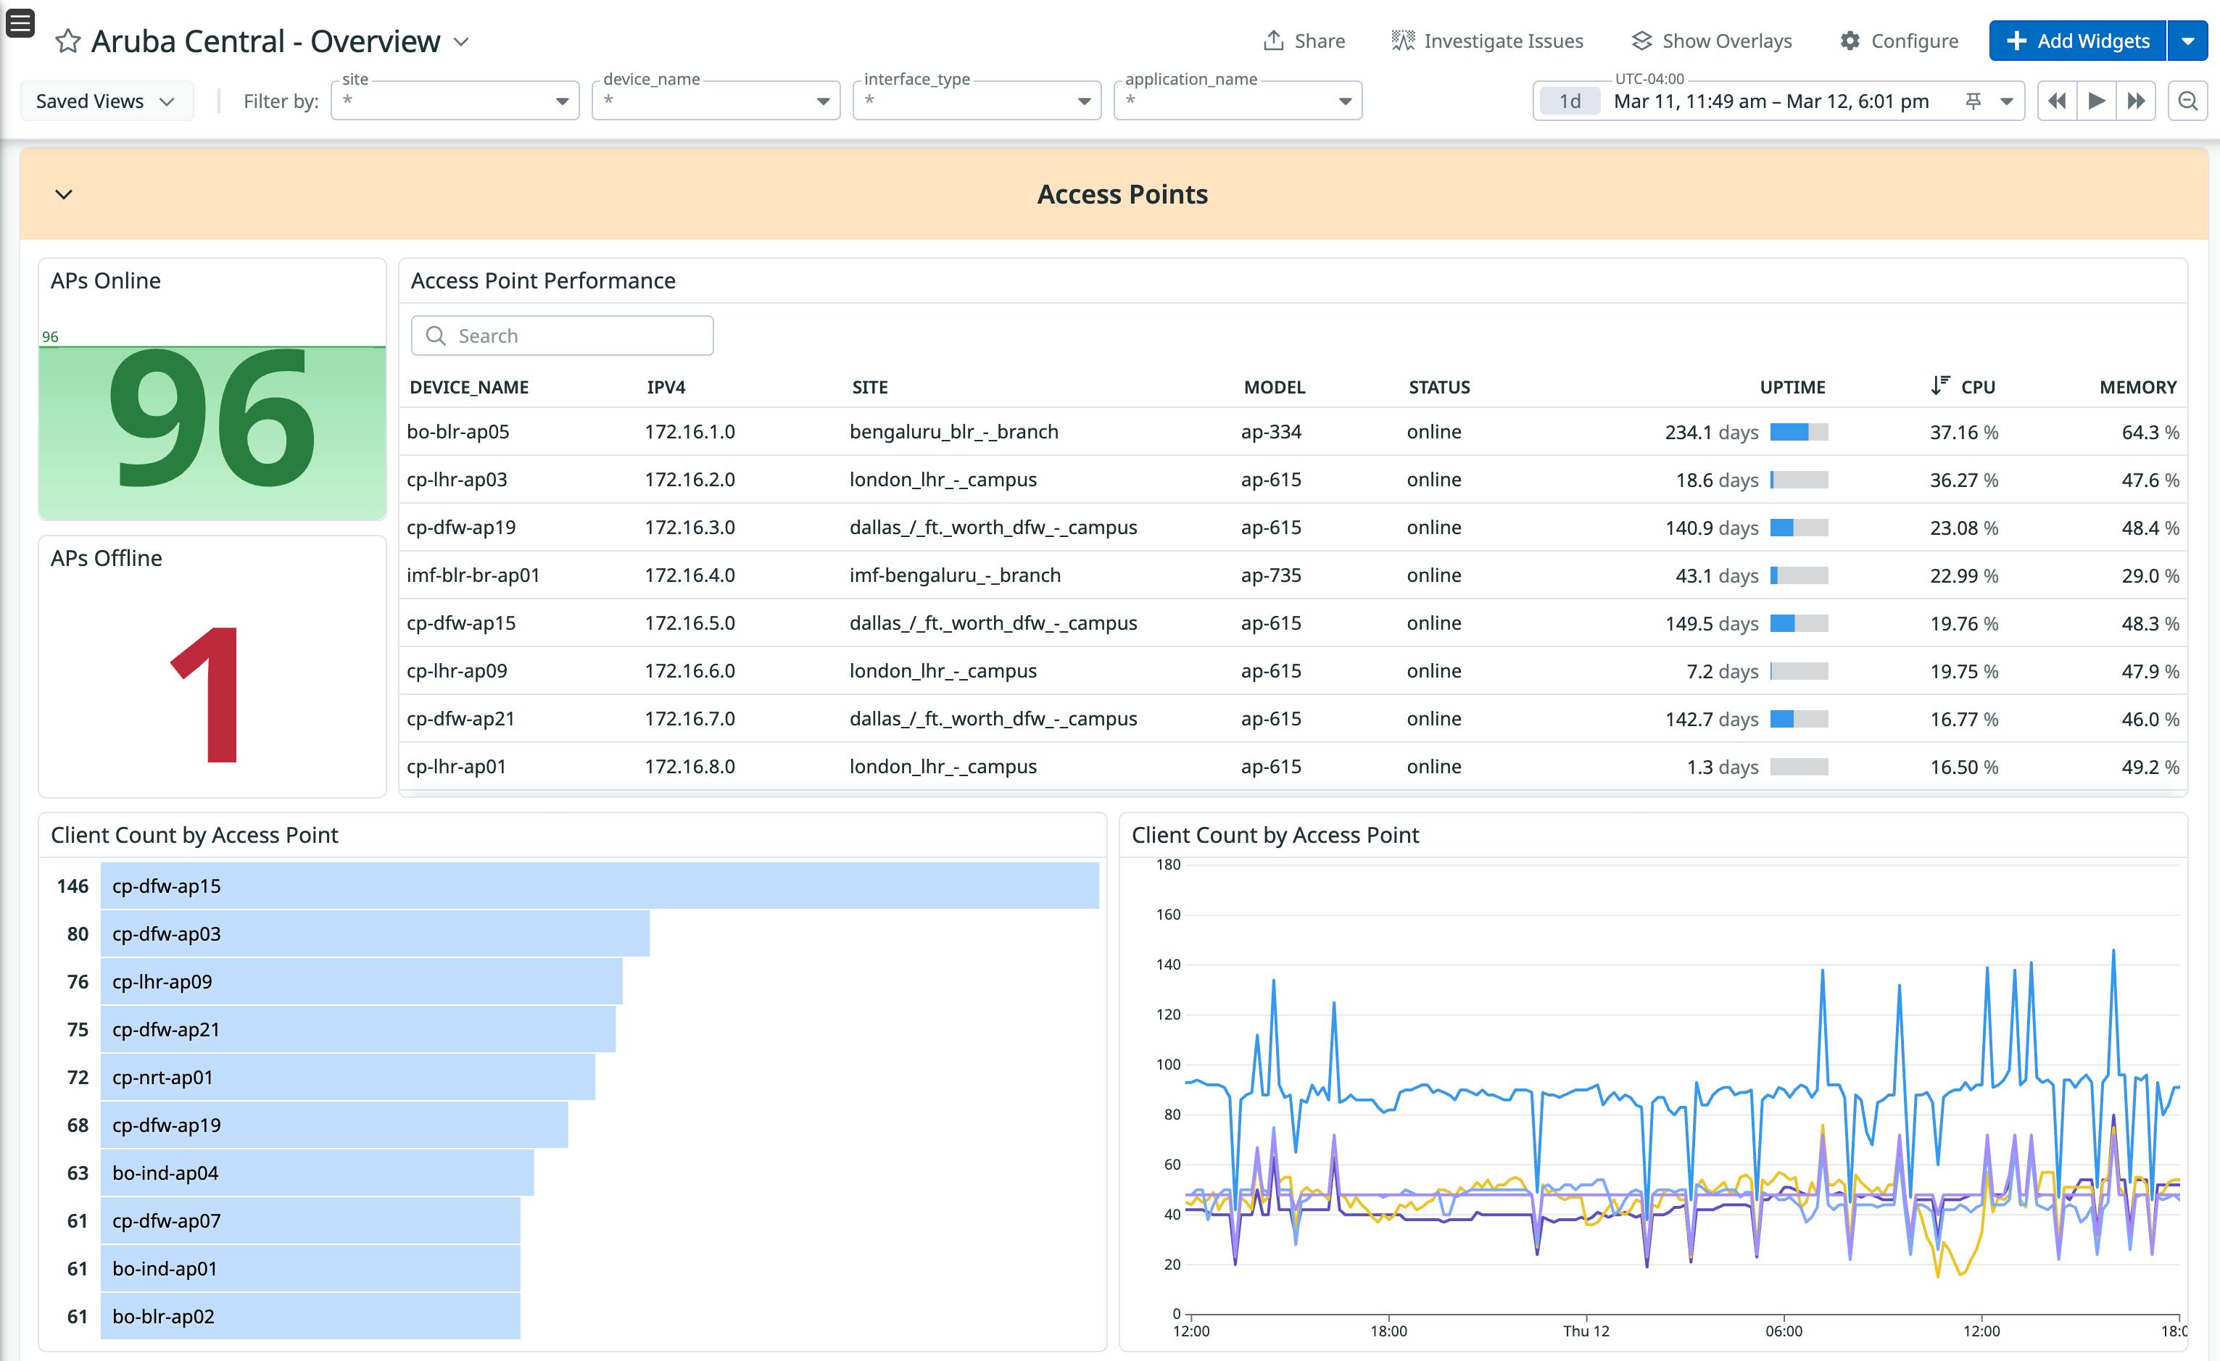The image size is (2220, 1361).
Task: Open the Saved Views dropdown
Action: click(x=105, y=101)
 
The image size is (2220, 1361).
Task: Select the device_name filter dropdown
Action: click(x=716, y=100)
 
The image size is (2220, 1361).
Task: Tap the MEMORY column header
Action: click(x=2137, y=387)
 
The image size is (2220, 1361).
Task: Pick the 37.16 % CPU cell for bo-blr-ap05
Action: click(x=1963, y=433)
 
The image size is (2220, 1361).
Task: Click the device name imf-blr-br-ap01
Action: click(x=473, y=575)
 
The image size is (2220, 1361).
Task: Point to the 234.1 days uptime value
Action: click(x=1711, y=433)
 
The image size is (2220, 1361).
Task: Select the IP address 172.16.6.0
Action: click(x=689, y=671)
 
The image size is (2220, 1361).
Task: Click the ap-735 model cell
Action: click(x=1270, y=575)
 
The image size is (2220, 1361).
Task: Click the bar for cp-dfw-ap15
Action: click(x=599, y=886)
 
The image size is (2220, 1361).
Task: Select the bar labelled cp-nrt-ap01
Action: click(x=347, y=1077)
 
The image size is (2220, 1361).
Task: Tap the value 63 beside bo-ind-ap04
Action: click(x=78, y=1173)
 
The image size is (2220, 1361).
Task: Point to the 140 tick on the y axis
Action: click(x=1168, y=965)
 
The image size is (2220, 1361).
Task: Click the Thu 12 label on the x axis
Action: click(x=1586, y=1331)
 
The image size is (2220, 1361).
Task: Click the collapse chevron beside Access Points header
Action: click(x=64, y=194)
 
